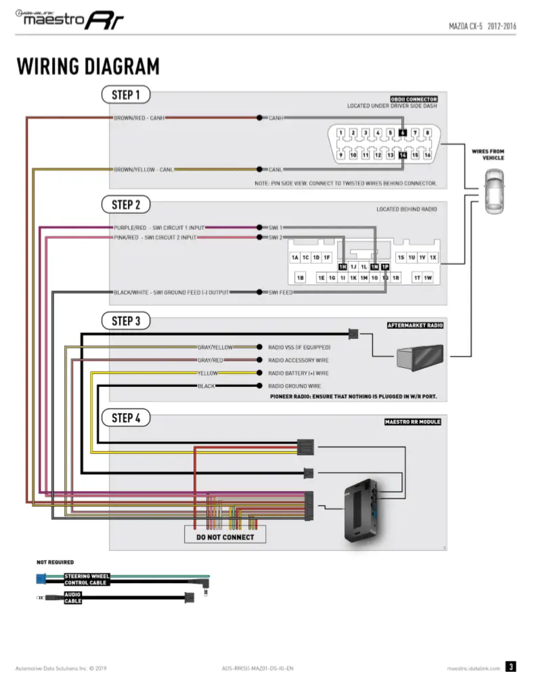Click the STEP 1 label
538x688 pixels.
(126, 95)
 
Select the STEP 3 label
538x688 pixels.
(126, 321)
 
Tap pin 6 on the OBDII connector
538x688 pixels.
(403, 133)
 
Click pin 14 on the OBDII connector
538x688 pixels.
(403, 156)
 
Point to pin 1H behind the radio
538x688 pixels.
(343, 267)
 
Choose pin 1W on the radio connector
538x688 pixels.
(427, 278)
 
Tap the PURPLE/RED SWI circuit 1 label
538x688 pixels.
(159, 228)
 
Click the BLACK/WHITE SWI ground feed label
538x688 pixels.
(171, 292)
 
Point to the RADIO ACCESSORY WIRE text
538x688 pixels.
(298, 361)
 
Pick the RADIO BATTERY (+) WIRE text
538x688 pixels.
(298, 373)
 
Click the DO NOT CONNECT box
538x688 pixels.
(225, 537)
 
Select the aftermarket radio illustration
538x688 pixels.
(420, 357)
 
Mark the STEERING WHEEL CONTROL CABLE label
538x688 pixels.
(87, 580)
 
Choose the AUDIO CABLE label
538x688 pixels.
(73, 598)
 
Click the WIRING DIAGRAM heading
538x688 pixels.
(88, 66)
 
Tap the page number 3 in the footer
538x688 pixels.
(511, 667)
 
